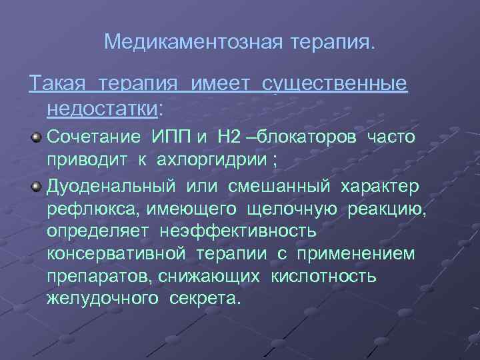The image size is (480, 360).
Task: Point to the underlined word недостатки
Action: point(103,107)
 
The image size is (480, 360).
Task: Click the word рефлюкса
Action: point(89,209)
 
